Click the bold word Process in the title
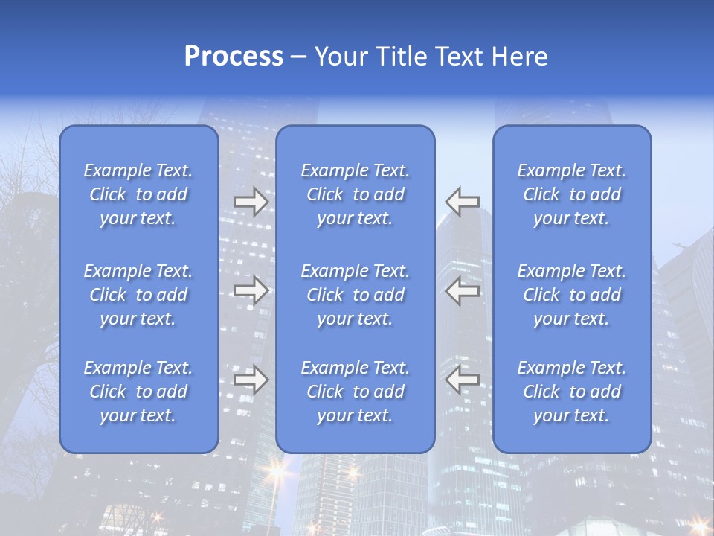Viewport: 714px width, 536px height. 234,56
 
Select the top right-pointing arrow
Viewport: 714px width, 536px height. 251,202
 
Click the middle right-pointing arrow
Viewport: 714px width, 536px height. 251,290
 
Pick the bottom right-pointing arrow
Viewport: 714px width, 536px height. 251,380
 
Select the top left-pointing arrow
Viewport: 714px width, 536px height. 462,202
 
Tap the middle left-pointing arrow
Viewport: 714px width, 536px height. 462,290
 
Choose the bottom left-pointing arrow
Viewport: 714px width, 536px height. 462,380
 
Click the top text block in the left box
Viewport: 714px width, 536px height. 138,194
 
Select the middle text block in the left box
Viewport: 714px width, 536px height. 138,295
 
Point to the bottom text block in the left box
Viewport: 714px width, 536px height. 138,392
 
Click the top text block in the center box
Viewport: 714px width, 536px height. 356,194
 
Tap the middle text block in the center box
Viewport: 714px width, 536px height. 356,295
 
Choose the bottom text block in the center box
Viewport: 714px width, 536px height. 356,392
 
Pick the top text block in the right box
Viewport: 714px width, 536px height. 572,194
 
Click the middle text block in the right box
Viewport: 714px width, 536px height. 572,295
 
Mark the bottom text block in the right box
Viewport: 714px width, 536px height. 572,392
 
